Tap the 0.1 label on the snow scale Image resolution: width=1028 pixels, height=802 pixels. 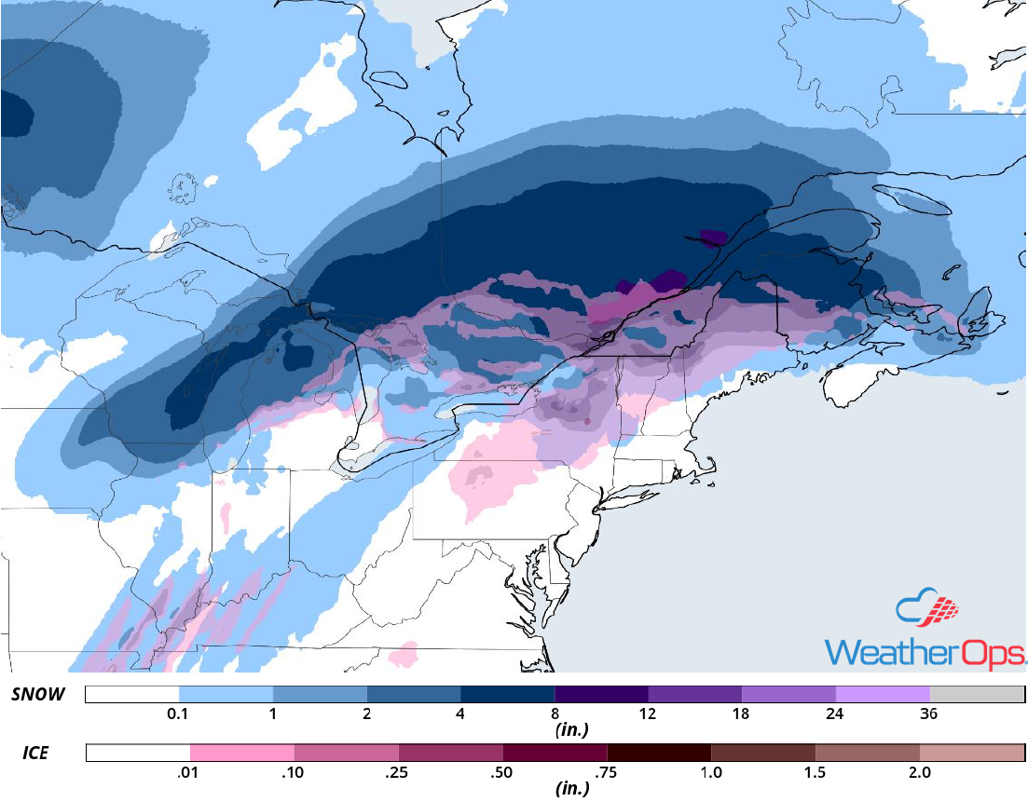pyautogui.click(x=179, y=714)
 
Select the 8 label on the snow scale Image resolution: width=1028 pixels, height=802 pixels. pyautogui.click(x=555, y=714)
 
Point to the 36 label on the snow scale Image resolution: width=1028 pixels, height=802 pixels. pyautogui.click(x=929, y=714)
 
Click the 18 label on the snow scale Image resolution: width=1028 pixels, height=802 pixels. pyautogui.click(x=741, y=714)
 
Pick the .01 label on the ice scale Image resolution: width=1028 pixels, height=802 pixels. pyautogui.click(x=190, y=772)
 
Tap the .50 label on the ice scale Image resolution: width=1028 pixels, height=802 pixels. pyautogui.click(x=502, y=772)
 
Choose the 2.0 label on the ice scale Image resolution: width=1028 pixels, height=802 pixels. pyautogui.click(x=919, y=772)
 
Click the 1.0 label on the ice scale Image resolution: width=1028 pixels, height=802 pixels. pyautogui.click(x=711, y=772)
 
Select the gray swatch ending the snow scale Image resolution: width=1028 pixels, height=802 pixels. pyautogui.click(x=977, y=695)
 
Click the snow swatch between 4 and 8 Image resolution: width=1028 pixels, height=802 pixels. pyautogui.click(x=508, y=695)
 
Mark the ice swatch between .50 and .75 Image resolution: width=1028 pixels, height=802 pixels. pyautogui.click(x=555, y=753)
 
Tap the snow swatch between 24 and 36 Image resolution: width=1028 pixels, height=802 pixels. pyautogui.click(x=883, y=695)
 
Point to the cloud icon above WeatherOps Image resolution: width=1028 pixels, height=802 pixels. pyautogui.click(x=929, y=608)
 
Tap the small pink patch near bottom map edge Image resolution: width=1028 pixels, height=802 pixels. pyautogui.click(x=404, y=654)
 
